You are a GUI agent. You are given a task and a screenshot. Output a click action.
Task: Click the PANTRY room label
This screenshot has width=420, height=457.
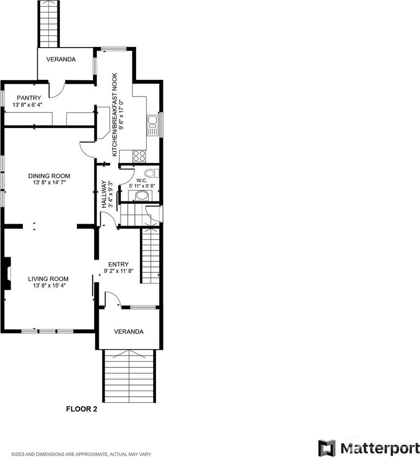29,98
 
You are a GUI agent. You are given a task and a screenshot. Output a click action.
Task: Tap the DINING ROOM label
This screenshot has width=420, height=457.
49,176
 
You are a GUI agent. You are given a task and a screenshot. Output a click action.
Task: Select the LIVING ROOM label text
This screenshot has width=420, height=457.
48,279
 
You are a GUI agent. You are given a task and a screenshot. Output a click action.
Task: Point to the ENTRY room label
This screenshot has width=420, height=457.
118,264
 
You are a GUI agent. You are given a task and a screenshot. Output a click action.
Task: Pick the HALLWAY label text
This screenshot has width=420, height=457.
104,194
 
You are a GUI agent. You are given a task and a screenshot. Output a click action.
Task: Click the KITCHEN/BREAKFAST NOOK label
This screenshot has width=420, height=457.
115,114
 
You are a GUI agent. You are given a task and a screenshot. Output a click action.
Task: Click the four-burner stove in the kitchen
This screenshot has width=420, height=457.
139,156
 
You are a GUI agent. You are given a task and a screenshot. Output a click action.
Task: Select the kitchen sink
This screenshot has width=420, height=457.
153,125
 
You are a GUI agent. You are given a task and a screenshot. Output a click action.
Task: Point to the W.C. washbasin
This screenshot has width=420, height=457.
142,196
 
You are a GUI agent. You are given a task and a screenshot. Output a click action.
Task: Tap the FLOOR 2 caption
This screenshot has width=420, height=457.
81,409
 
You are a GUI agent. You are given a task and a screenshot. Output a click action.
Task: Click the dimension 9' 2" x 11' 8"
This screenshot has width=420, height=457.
119,271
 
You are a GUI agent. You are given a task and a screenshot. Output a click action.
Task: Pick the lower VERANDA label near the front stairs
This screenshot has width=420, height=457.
128,332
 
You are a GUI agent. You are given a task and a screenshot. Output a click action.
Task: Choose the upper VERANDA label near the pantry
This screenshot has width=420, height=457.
61,60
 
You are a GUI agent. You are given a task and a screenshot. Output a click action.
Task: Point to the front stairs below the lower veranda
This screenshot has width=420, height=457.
128,376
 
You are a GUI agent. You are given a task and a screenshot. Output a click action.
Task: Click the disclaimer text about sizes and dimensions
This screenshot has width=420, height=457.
81,454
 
